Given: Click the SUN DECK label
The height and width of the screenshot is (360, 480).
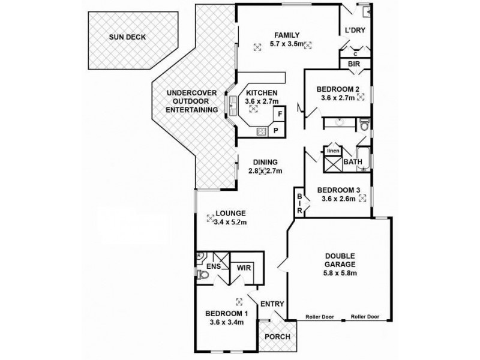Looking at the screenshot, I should pos(127,37).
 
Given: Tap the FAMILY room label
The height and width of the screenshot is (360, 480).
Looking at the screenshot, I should pos(283,35).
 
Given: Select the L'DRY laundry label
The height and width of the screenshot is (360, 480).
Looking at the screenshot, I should pos(355,31).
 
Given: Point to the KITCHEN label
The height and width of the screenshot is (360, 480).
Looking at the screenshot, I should pos(261,93).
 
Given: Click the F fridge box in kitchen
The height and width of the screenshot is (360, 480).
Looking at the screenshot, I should pos(280,114).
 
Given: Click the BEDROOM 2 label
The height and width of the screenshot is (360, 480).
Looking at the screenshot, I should pos(338,90).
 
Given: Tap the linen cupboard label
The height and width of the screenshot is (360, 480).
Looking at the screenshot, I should pos(333,151).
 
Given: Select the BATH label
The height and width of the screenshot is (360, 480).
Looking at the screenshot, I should pos(352,162).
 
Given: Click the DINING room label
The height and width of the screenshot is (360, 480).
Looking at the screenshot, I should pos(265,162).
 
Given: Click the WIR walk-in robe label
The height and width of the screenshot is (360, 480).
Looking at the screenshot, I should pos(244,268).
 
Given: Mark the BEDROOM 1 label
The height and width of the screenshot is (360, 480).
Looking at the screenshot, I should pos(226,313).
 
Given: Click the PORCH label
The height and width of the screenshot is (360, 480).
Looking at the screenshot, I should pos(278,337).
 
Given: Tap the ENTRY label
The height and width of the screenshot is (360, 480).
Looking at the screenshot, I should pos(273,304).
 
